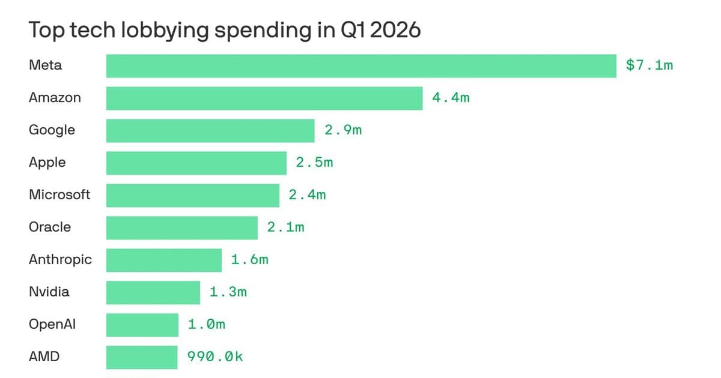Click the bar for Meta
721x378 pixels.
point(361,66)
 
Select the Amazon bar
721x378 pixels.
point(264,98)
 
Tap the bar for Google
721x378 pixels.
point(210,131)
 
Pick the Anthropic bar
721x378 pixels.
point(164,260)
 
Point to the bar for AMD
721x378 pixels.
point(142,358)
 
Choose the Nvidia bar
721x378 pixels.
point(153,293)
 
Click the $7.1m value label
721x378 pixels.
point(650,65)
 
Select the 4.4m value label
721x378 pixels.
point(451,98)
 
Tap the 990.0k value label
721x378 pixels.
point(215,357)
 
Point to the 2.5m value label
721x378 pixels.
point(314,163)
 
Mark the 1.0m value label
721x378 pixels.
point(207,325)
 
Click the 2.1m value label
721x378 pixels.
point(285,227)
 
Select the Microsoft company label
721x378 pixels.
point(59,195)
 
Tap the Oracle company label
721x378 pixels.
point(50,227)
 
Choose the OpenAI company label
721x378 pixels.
point(52,325)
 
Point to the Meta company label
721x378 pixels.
point(45,65)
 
